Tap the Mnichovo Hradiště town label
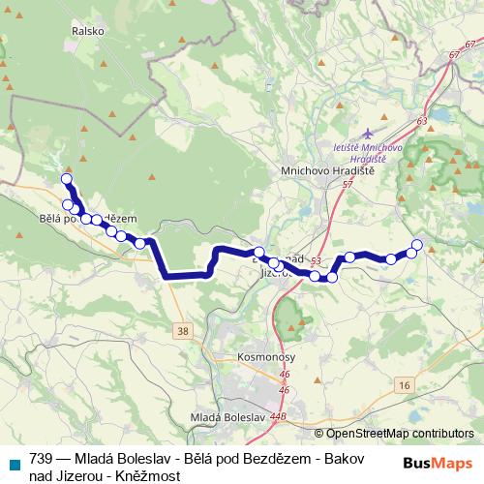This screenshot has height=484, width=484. click(334, 169)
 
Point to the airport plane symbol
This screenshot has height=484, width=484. click(365, 133)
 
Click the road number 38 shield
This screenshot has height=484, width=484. click(183, 331)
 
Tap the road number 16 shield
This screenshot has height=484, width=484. click(404, 385)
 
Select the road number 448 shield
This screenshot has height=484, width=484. click(279, 417)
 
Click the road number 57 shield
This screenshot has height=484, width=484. click(348, 183)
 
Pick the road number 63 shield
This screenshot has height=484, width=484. click(421, 120)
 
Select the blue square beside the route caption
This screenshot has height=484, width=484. click(12, 462)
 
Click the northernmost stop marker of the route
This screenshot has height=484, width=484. click(66, 178)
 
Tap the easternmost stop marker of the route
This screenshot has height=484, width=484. click(417, 244)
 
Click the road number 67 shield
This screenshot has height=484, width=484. click(455, 56)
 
